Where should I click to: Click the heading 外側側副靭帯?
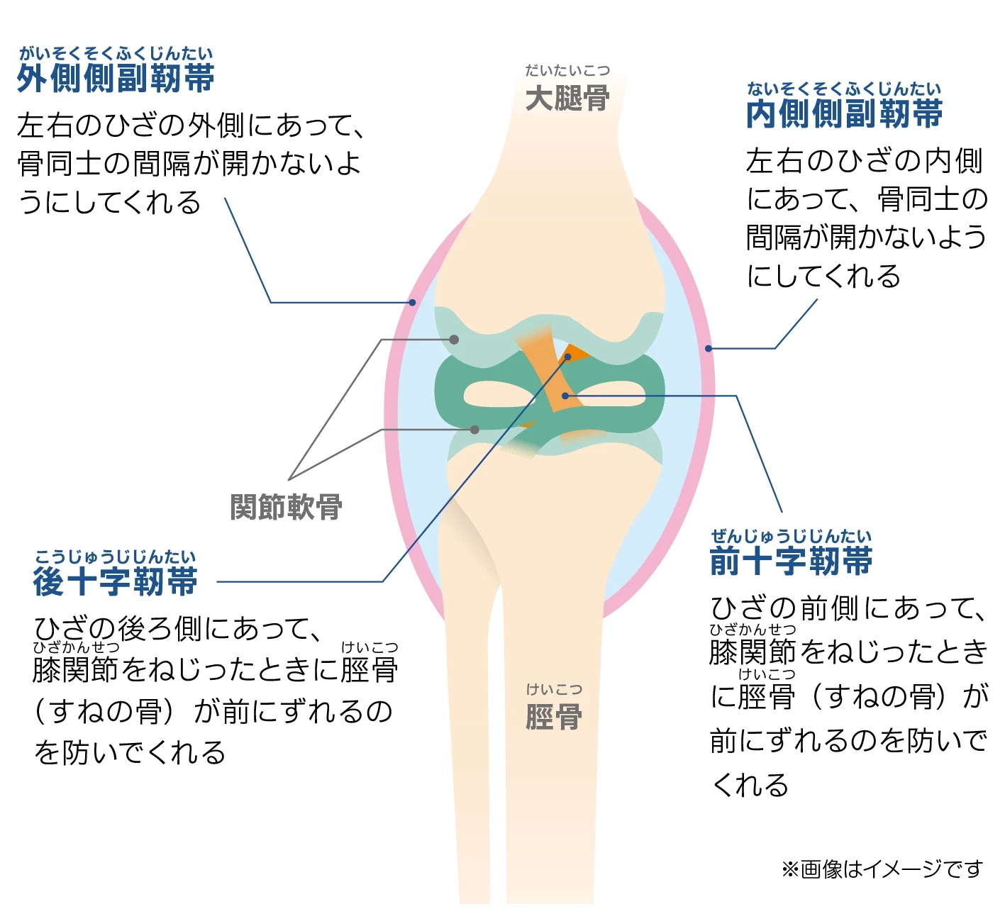click(116, 78)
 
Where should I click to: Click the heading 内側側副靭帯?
click(844, 113)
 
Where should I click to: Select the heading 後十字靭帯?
click(115, 582)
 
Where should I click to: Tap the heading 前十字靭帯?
click(791, 562)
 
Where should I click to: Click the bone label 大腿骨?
click(567, 98)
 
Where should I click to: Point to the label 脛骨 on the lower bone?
click(554, 717)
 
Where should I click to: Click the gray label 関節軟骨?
click(286, 507)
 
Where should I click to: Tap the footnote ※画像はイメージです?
click(882, 869)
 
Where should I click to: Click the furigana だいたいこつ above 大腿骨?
click(567, 70)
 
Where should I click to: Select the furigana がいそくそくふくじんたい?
click(116, 53)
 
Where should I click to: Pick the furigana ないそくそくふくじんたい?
click(844, 89)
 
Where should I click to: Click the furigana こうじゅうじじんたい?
click(115, 557)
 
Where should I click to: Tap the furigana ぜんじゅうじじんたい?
click(791, 536)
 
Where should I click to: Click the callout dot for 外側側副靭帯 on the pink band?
click(412, 303)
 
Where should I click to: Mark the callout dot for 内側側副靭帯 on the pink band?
click(708, 349)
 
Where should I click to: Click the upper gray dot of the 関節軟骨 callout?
click(454, 340)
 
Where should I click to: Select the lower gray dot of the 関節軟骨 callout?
click(474, 430)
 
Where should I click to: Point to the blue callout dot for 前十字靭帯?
click(565, 396)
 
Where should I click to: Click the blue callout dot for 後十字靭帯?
click(567, 357)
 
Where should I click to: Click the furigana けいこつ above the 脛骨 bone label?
click(554, 689)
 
